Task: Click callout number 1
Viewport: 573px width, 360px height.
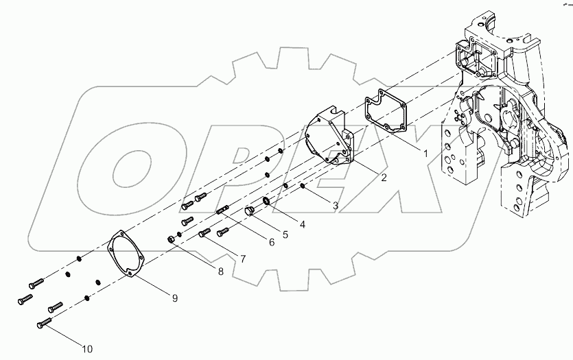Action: point(425,154)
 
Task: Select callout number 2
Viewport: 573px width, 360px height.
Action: point(364,178)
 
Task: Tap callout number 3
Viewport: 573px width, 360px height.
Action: point(336,204)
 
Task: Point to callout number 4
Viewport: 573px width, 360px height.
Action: point(301,223)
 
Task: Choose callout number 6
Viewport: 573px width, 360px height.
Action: point(271,242)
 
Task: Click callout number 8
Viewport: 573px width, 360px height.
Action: point(220,272)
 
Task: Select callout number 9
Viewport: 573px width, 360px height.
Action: point(174,298)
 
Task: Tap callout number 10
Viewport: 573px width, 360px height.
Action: point(86,349)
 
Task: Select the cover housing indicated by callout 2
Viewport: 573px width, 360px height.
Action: point(328,137)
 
